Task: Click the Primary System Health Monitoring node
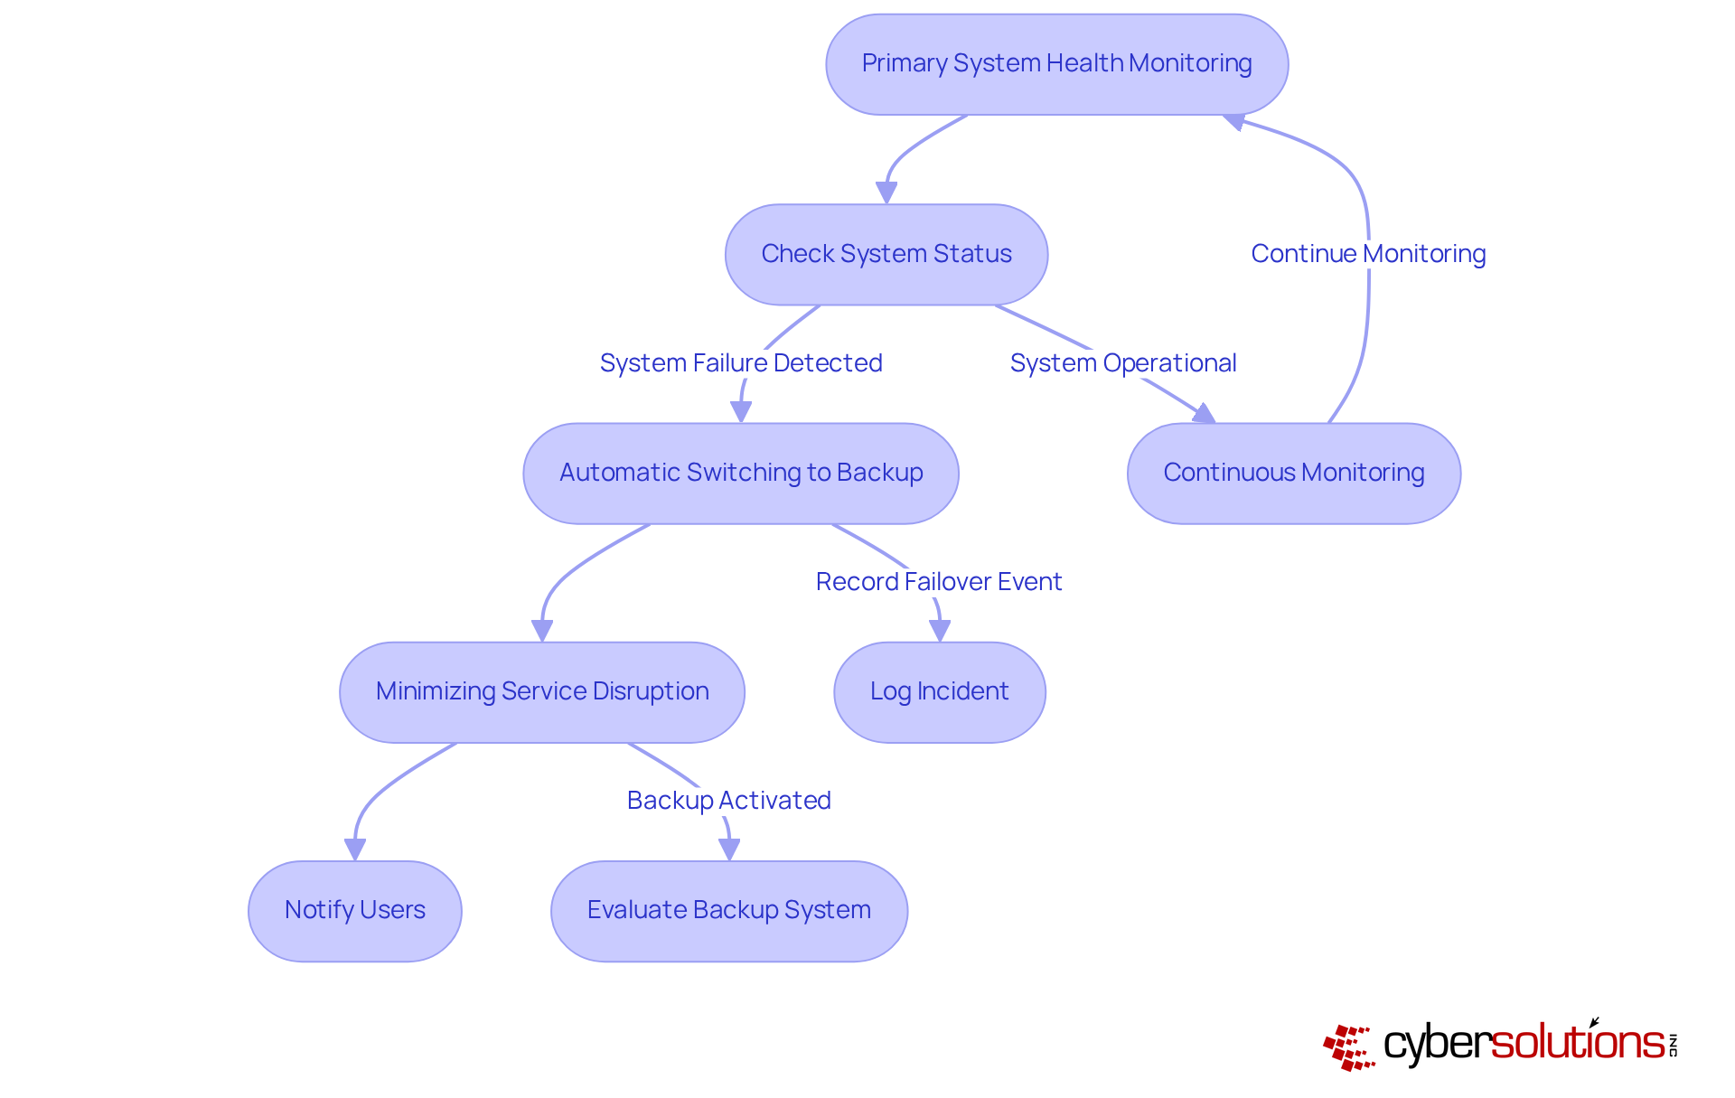[1056, 64]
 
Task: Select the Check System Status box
[886, 254]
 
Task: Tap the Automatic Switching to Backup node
[740, 473]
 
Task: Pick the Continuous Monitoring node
[1293, 473]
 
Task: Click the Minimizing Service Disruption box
[541, 691]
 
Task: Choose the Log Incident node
[939, 691]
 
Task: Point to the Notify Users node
[354, 910]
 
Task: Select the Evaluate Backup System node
[728, 910]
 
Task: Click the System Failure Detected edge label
[740, 363]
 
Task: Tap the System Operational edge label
[1122, 363]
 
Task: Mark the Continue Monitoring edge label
[1367, 254]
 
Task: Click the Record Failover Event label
[938, 582]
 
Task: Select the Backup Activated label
[728, 801]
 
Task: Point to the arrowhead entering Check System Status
[886, 192]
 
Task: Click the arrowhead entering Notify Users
[355, 849]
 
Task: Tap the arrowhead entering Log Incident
[940, 630]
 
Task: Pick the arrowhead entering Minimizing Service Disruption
[542, 630]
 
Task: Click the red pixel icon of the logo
[1348, 1047]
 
